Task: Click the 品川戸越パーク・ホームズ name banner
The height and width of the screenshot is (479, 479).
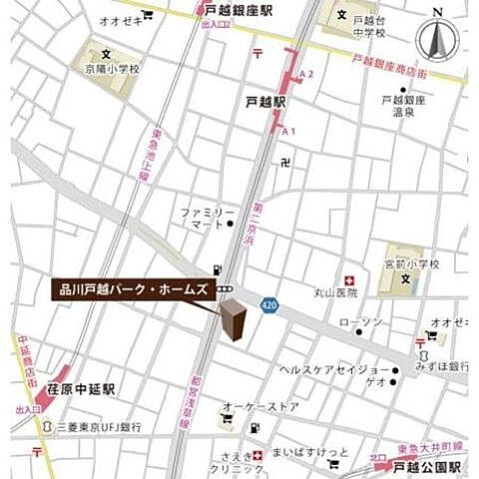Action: tap(132, 289)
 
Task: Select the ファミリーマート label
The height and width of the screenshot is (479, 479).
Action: tap(208, 221)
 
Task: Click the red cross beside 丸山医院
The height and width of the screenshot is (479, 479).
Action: tap(349, 281)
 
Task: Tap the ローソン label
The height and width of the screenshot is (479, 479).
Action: tap(360, 321)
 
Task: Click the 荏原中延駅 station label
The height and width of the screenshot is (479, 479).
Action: tap(80, 388)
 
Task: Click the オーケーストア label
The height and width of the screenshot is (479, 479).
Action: tap(260, 406)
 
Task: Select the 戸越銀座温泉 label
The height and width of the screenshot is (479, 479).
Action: tap(403, 106)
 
